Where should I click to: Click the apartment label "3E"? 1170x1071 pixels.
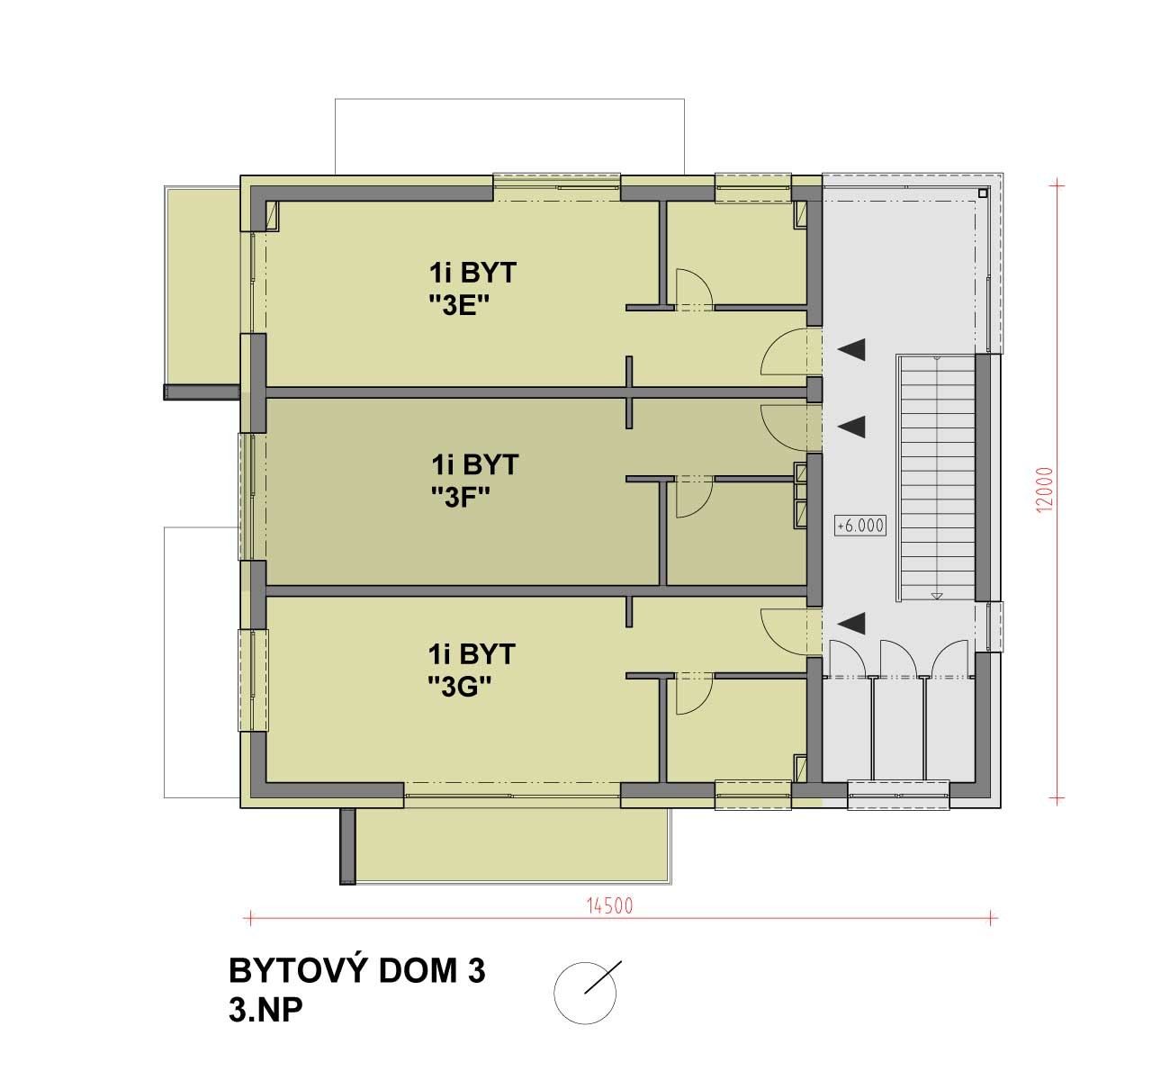(x=460, y=305)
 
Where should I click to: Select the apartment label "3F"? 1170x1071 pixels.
(x=462, y=498)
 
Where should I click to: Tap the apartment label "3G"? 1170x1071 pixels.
(x=460, y=688)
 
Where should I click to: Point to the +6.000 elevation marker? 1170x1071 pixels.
(x=860, y=526)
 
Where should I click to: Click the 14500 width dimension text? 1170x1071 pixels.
(x=609, y=906)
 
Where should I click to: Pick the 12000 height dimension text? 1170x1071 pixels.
(x=1046, y=490)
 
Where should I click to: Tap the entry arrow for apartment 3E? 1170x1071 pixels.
(x=851, y=350)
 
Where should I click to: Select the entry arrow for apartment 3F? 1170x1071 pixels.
(x=851, y=427)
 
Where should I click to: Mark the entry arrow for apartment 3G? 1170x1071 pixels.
(x=851, y=623)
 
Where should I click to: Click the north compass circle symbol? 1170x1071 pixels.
(x=585, y=994)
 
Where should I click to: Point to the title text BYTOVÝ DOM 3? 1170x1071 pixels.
(x=357, y=972)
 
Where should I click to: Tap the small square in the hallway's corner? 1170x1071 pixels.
(x=983, y=193)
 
